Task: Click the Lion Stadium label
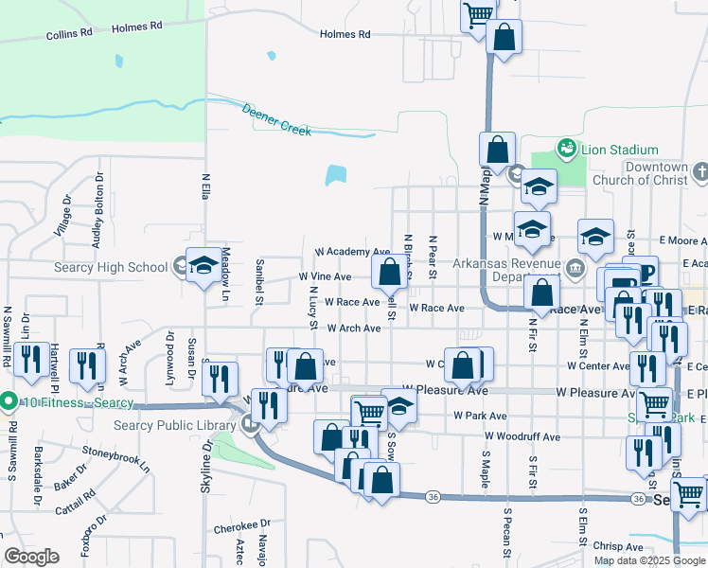620,150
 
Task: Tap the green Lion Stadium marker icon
566,149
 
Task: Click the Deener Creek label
276,119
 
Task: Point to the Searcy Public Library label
174,425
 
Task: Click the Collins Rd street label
71,33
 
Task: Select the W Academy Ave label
352,253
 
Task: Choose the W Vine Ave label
325,277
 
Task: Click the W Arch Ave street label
354,328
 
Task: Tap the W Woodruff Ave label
522,436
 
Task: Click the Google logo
31,557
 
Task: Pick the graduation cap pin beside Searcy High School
204,267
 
